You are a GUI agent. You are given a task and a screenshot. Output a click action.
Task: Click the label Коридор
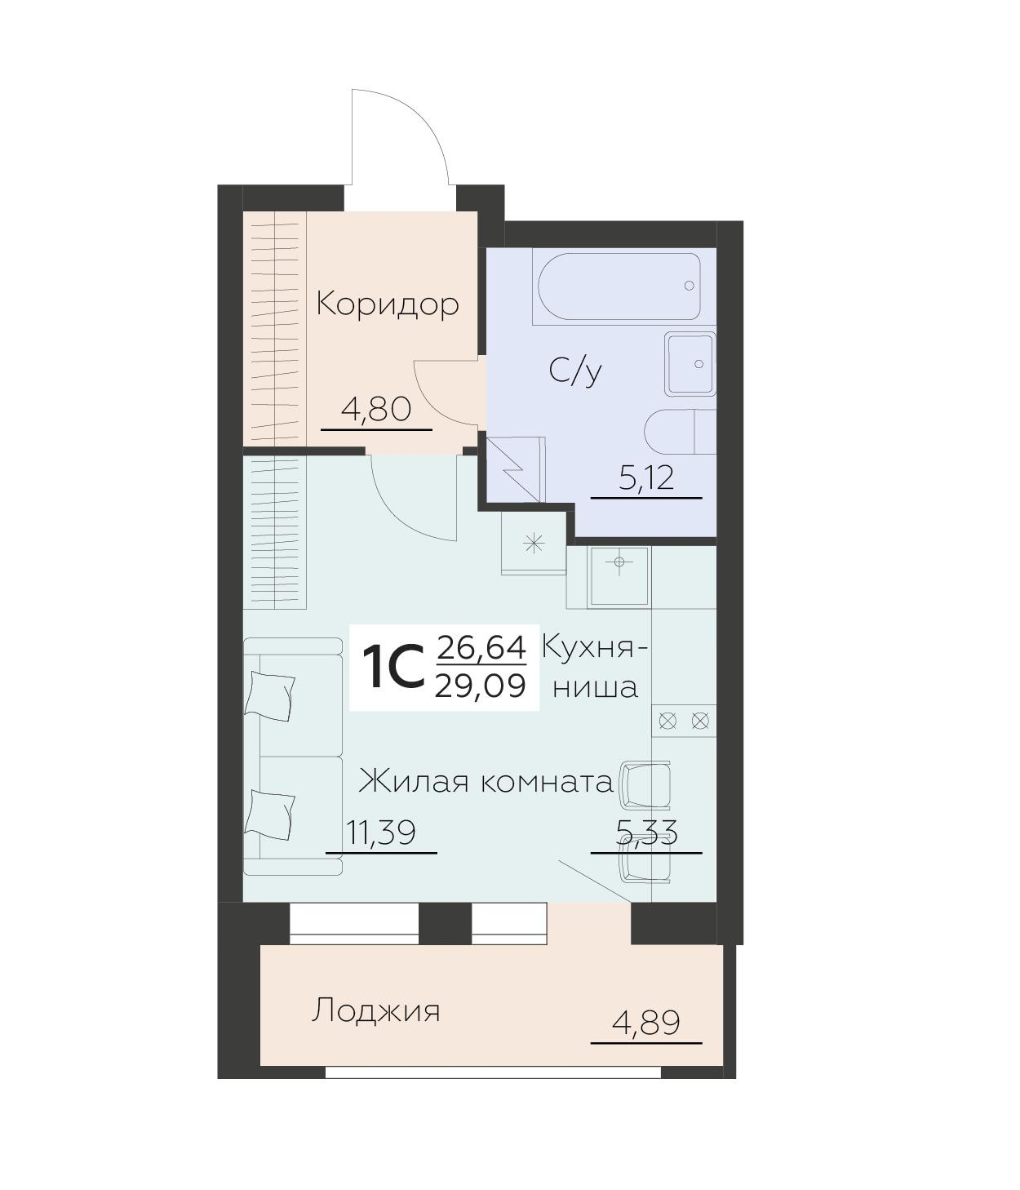pos(388,304)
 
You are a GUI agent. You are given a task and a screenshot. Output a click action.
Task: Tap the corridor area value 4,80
pos(376,409)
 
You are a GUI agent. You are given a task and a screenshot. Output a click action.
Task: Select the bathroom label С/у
pos(575,371)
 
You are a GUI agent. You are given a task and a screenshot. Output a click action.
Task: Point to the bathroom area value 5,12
pos(646,477)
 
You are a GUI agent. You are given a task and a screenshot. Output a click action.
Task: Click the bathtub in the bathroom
pos(617,286)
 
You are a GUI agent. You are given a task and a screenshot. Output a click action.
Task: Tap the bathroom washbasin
pos(690,363)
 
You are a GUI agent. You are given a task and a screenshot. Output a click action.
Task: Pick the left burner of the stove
pos(667,721)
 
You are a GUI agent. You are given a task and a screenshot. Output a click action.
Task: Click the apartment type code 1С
pos(393,668)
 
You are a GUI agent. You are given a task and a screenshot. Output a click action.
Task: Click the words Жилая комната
pos(486,782)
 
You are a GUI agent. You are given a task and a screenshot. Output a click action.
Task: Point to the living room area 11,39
pos(380,833)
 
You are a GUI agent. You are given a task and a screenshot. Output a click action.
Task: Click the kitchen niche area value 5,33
pos(646,833)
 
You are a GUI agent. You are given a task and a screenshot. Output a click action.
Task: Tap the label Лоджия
pos(375,1011)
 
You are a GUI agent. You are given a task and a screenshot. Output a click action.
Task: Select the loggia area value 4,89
pos(646,1023)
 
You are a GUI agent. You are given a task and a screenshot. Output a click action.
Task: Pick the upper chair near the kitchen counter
pos(645,785)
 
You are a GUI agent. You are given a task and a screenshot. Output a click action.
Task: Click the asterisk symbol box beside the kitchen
pos(534,543)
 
